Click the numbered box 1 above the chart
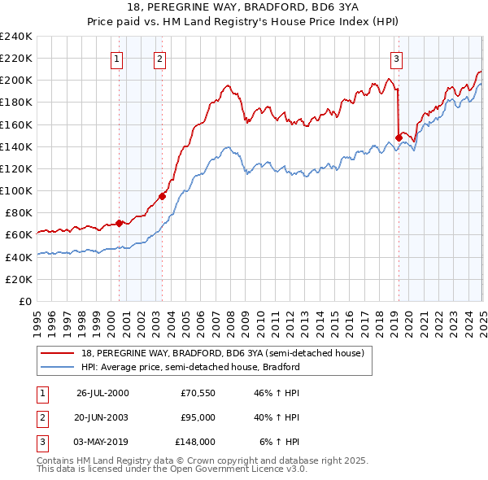pyautogui.click(x=118, y=58)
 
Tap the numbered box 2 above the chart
pyautogui.click(x=160, y=58)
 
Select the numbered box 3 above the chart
pyautogui.click(x=396, y=58)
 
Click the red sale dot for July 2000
pyautogui.click(x=119, y=223)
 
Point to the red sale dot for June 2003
pyautogui.click(x=162, y=196)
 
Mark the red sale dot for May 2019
pyautogui.click(x=399, y=137)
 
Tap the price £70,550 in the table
pyautogui.click(x=198, y=393)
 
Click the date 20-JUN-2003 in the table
pyautogui.click(x=102, y=417)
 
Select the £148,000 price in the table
pyautogui.click(x=195, y=442)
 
